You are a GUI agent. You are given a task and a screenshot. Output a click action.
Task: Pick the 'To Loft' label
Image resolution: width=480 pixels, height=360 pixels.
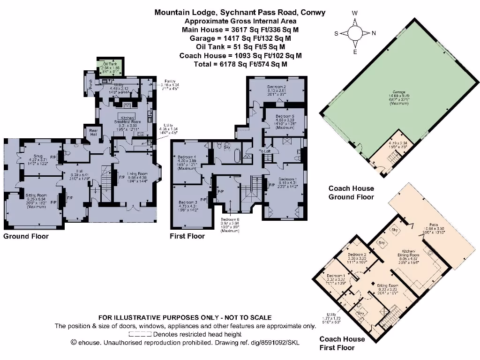[x=265, y=151]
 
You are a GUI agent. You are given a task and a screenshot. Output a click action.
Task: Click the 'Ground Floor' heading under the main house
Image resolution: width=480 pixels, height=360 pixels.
[x=26, y=236]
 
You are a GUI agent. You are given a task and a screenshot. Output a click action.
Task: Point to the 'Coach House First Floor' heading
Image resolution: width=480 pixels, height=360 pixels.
[x=342, y=343]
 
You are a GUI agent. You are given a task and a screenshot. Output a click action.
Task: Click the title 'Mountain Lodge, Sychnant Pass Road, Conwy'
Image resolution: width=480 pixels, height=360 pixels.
[x=240, y=13]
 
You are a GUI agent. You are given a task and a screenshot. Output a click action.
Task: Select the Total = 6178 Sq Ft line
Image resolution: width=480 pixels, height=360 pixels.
[x=240, y=64]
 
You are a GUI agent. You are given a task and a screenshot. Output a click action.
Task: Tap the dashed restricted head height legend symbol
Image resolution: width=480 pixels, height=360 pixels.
[x=140, y=334]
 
